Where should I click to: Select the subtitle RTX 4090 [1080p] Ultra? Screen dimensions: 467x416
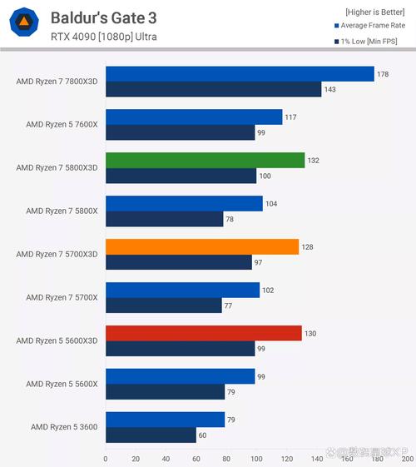click(x=103, y=37)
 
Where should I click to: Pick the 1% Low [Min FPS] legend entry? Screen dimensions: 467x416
click(x=370, y=40)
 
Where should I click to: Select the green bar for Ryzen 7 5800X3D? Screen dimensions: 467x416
click(x=205, y=161)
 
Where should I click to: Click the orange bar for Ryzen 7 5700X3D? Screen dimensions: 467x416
click(x=201, y=246)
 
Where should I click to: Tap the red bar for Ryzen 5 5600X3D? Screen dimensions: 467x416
click(x=203, y=333)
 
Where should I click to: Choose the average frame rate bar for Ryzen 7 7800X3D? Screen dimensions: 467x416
click(x=240, y=74)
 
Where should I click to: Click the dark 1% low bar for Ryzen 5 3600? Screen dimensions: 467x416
click(x=151, y=435)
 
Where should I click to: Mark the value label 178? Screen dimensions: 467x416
click(x=383, y=74)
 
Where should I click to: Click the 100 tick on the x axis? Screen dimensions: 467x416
click(x=256, y=458)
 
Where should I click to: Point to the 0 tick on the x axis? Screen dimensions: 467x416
click(x=106, y=458)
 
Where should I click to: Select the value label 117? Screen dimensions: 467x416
click(x=291, y=117)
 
